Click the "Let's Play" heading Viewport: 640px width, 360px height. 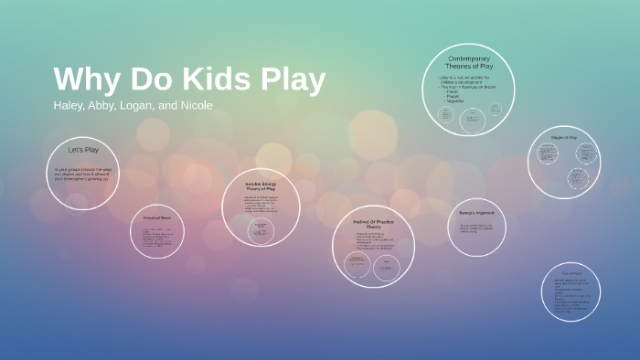pos(82,149)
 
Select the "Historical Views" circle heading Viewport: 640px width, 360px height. pos(158,218)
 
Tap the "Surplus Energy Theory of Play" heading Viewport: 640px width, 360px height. pos(261,186)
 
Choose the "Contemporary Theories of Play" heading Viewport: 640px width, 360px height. pos(469,63)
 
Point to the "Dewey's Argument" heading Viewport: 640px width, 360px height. pos(475,213)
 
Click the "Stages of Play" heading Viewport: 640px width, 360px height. pos(563,138)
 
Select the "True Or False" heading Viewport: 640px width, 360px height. pos(571,273)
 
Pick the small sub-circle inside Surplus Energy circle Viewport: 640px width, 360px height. pos(248,225)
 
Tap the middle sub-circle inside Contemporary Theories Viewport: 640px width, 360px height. pos(472,118)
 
